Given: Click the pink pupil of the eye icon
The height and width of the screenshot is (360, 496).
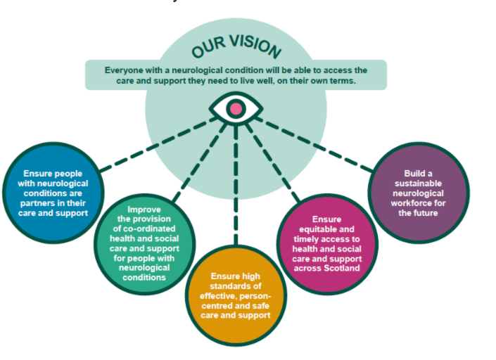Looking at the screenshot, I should pos(236,108).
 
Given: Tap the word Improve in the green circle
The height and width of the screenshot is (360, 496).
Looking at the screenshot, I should pos(144,209).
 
